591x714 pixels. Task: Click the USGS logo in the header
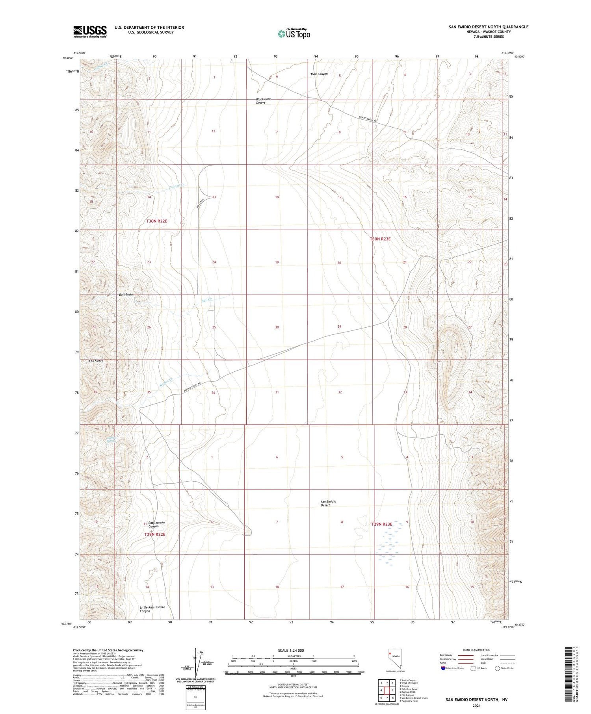(x=90, y=32)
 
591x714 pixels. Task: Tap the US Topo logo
(x=294, y=33)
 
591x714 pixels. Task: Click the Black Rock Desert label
(x=263, y=101)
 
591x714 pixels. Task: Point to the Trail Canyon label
(x=319, y=74)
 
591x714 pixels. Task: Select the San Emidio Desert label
(x=328, y=503)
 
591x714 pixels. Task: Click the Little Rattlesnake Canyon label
(x=152, y=609)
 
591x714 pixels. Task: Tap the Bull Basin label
(x=126, y=295)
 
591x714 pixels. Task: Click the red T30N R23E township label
(x=380, y=239)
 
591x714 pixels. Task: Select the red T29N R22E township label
(x=154, y=534)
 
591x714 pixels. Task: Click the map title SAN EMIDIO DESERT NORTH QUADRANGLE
(x=488, y=27)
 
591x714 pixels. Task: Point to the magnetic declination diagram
(x=195, y=664)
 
